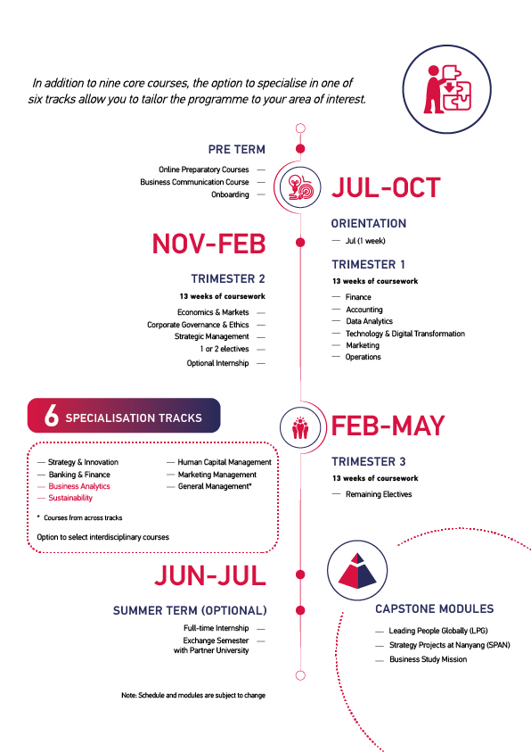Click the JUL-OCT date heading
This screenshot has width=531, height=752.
pyautogui.click(x=386, y=187)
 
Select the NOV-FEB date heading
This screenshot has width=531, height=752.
pyautogui.click(x=208, y=244)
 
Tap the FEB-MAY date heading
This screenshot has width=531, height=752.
pyautogui.click(x=388, y=426)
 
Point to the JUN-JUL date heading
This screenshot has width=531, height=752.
pyautogui.click(x=210, y=575)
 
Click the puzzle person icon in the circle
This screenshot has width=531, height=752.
pyautogui.click(x=446, y=89)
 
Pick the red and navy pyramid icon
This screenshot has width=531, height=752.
pyautogui.click(x=357, y=570)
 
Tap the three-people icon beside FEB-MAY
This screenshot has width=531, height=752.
pyautogui.click(x=300, y=427)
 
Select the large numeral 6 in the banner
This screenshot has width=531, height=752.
pyautogui.click(x=52, y=416)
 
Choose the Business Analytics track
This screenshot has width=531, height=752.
pyautogui.click(x=79, y=486)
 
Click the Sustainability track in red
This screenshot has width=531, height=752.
pyautogui.click(x=70, y=498)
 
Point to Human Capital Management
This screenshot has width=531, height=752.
pyautogui.click(x=225, y=462)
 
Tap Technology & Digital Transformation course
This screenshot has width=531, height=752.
pyautogui.click(x=405, y=334)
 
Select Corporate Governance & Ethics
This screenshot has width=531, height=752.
pyautogui.click(x=198, y=325)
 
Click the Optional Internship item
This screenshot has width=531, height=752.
pyautogui.click(x=218, y=363)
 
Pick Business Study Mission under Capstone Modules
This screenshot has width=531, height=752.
pyautogui.click(x=428, y=659)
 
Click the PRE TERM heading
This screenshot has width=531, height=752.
pyautogui.click(x=236, y=150)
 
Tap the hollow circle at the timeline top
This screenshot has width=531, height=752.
pyautogui.click(x=301, y=128)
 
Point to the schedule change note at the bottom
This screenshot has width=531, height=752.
pyautogui.click(x=193, y=696)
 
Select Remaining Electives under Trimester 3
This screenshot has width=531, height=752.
pyautogui.click(x=379, y=494)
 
